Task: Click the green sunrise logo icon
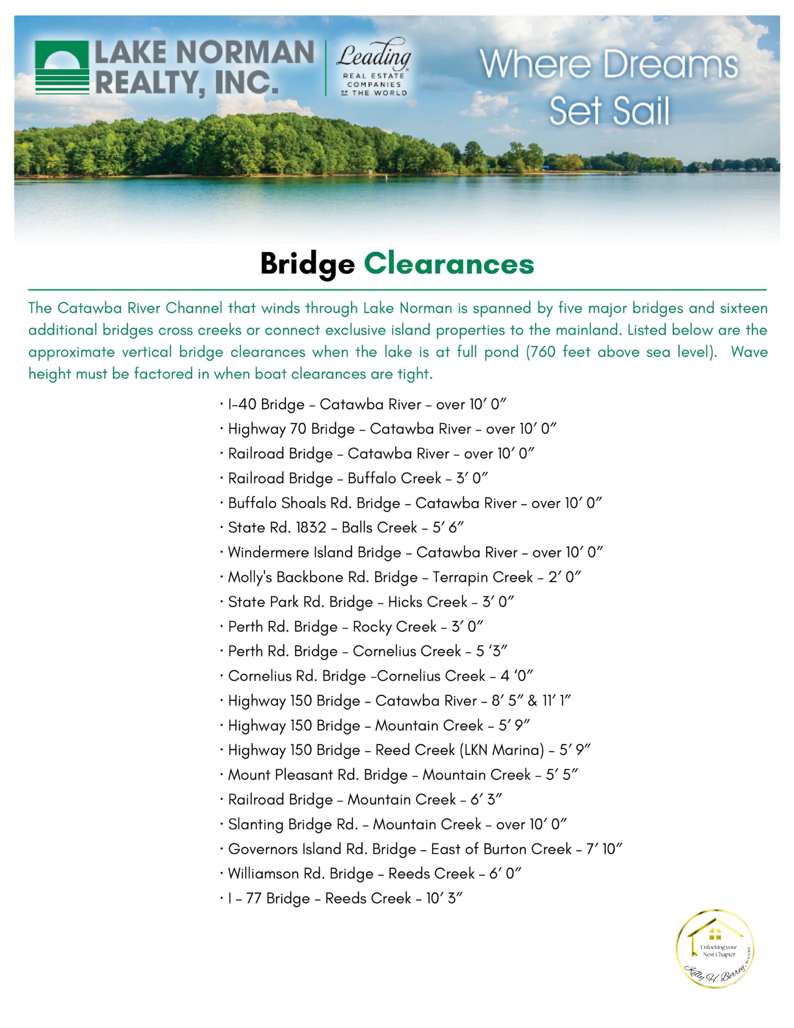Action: click(x=62, y=67)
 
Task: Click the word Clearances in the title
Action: click(x=449, y=264)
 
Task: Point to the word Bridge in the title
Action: click(x=307, y=264)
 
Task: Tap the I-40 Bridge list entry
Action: click(x=367, y=405)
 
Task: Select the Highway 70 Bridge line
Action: click(x=392, y=429)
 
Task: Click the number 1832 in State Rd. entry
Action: click(x=311, y=528)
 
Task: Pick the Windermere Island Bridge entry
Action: click(x=415, y=553)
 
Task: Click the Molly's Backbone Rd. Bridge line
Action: click(x=404, y=577)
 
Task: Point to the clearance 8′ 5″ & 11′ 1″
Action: click(x=531, y=701)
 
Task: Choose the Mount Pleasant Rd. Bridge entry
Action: click(x=403, y=775)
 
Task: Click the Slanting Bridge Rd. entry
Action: click(x=397, y=824)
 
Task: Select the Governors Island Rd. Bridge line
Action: click(x=424, y=849)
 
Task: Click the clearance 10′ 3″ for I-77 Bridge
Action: click(x=444, y=898)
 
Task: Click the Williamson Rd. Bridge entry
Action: click(x=374, y=874)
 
